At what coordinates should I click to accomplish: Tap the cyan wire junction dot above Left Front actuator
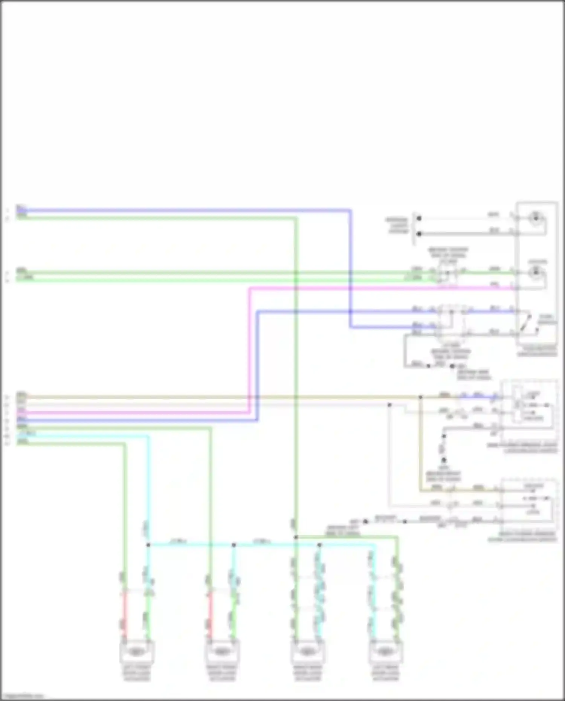(148, 545)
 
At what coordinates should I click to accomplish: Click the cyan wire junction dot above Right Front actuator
(234, 545)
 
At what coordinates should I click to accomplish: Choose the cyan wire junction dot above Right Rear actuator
(319, 545)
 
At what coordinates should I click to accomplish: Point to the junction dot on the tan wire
(420, 397)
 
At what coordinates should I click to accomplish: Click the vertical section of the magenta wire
(249, 350)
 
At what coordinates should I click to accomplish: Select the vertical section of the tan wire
(420, 444)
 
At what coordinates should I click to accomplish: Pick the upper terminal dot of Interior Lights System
(418, 218)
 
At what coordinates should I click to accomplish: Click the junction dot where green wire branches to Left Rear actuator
(296, 537)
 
